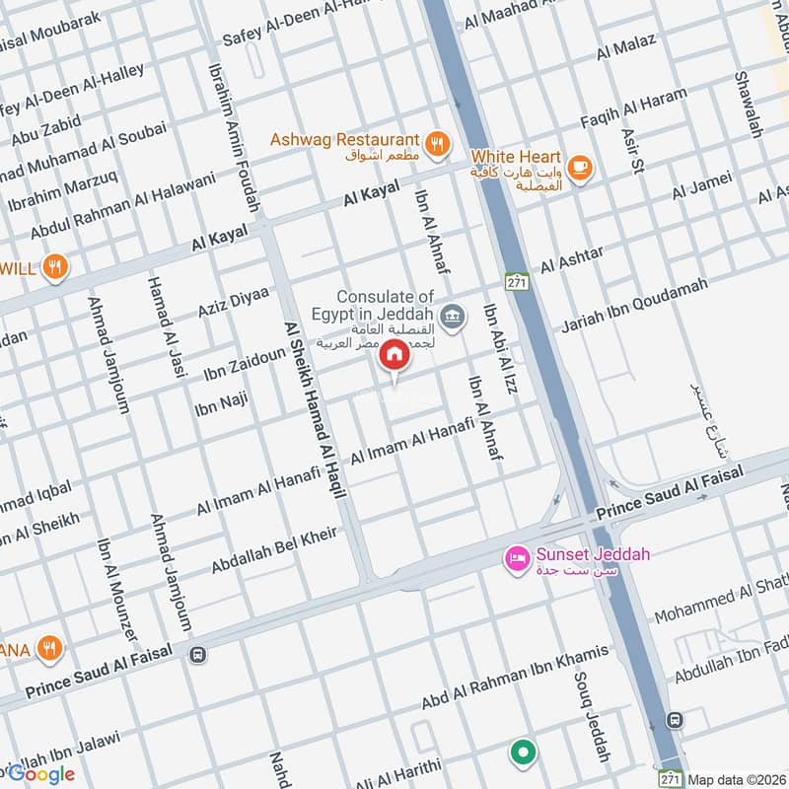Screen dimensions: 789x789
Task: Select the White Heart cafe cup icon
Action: [x=580, y=165]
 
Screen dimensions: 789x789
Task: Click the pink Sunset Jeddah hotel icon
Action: [x=517, y=559]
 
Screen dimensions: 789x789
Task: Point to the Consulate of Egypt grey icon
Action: [x=453, y=316]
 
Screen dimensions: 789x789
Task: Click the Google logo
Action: [x=41, y=774]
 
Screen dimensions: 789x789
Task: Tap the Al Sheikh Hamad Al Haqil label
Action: [x=315, y=409]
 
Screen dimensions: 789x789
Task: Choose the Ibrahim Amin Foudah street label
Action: [x=233, y=137]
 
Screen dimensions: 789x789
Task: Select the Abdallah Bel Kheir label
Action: [x=274, y=551]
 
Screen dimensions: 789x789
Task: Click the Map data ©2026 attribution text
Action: [x=737, y=779]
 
